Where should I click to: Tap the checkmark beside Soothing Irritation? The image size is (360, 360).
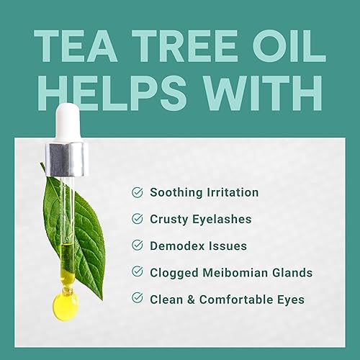coord(138,193)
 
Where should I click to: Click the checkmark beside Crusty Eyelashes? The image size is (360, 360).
coord(138,220)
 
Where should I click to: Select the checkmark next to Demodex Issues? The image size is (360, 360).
coord(138,246)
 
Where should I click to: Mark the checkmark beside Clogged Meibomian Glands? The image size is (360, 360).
coord(138,272)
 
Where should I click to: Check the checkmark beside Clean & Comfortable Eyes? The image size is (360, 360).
coord(138,299)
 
